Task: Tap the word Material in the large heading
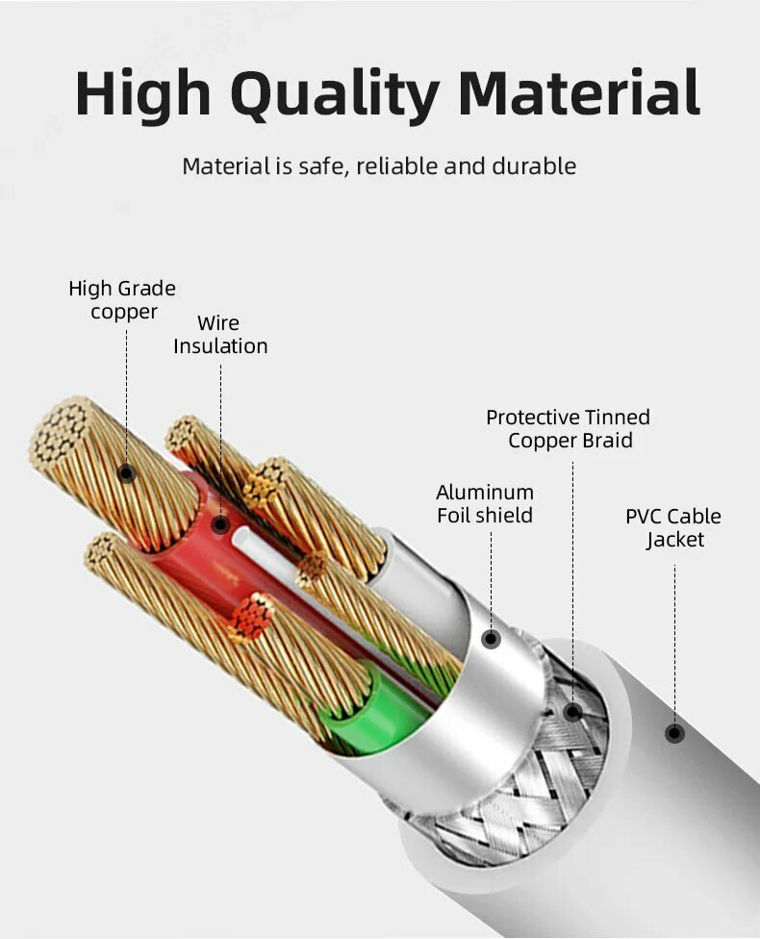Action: tap(579, 94)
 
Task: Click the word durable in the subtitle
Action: tap(534, 166)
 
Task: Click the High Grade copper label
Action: tap(122, 300)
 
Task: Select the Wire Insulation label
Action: tap(220, 335)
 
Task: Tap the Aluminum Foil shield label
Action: tap(485, 504)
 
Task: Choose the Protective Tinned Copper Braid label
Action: tap(569, 429)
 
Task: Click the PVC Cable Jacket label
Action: tap(672, 528)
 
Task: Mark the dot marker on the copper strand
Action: tap(126, 472)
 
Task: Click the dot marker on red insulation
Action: tap(220, 524)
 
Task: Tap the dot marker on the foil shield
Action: tap(491, 639)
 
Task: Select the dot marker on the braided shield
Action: tap(572, 712)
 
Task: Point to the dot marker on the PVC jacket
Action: tap(674, 733)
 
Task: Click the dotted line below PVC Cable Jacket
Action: tap(674, 645)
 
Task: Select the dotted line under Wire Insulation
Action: tap(220, 433)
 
